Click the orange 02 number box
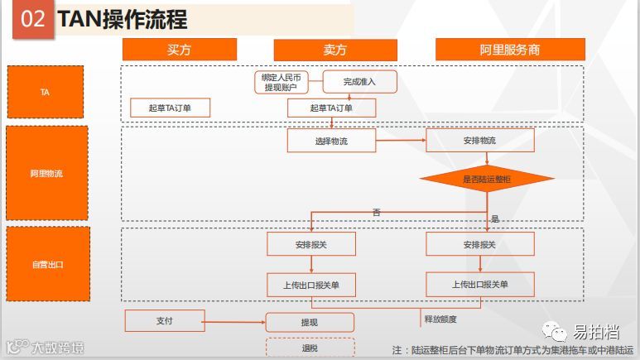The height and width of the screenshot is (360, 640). coord(32,19)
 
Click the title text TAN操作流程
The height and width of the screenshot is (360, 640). coord(122,19)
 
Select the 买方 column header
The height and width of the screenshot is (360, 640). coord(179,49)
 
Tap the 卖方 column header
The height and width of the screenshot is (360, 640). coord(334,49)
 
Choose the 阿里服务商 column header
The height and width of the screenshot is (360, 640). coord(510,49)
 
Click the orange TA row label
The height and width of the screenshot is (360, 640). coord(46,92)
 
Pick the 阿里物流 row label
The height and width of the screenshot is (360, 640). coord(46,173)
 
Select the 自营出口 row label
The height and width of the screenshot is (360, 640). coord(46,264)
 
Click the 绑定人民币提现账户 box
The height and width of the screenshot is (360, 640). coord(281,81)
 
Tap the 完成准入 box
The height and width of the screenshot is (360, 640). coord(359,81)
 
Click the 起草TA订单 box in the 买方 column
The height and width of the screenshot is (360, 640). coord(169,108)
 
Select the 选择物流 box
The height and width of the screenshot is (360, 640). coord(331,141)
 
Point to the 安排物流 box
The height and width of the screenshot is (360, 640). coord(480,141)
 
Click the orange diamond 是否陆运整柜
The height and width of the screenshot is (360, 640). coord(486,179)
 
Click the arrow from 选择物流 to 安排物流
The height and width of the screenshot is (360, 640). coord(401,141)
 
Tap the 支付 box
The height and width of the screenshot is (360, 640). coord(164,320)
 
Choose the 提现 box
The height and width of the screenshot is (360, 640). coord(310,322)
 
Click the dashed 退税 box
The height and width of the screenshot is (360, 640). coord(310,348)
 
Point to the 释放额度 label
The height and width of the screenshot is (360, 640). coord(440,319)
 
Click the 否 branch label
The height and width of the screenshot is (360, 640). coord(377,213)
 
